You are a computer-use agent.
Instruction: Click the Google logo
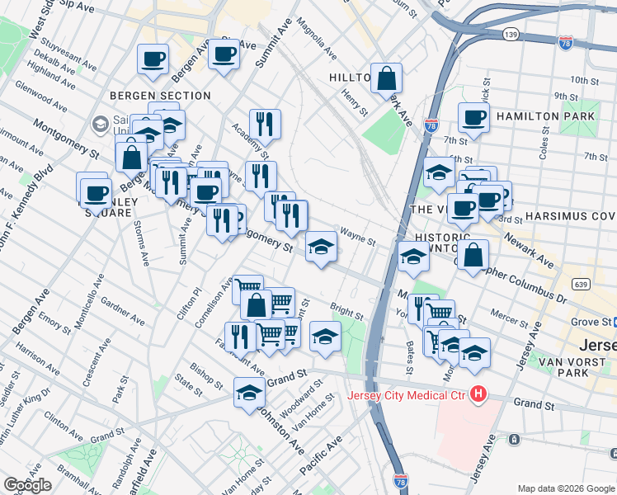click(27, 485)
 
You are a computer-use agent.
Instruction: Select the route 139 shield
click(511, 34)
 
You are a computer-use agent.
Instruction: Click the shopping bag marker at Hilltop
click(386, 79)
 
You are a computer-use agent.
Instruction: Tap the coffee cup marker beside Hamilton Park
click(473, 118)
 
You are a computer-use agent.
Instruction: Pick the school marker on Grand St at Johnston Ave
click(249, 393)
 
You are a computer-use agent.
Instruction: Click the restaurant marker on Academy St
click(265, 125)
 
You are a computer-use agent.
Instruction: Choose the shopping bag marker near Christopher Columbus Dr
click(473, 255)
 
